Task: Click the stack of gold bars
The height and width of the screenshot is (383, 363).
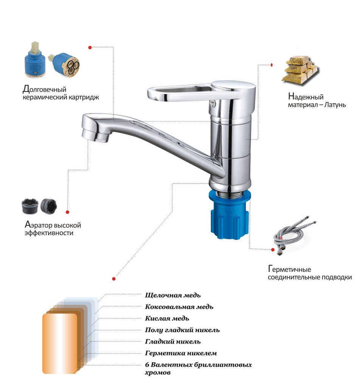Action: (300, 70)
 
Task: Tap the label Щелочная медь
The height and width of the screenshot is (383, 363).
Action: (173, 295)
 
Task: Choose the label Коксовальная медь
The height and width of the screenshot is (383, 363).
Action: (179, 307)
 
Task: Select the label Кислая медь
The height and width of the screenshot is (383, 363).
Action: (167, 318)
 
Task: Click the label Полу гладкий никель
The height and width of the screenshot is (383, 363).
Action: (182, 330)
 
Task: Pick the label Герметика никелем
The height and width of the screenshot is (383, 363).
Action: (181, 353)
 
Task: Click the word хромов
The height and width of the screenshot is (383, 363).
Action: (158, 373)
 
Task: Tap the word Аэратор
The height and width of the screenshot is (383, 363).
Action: (38, 225)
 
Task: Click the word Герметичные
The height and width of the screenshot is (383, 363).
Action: (290, 269)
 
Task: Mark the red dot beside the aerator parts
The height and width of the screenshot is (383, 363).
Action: (67, 212)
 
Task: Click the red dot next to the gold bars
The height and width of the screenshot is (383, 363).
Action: (271, 65)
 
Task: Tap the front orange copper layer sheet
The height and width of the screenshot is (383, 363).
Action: (60, 343)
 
